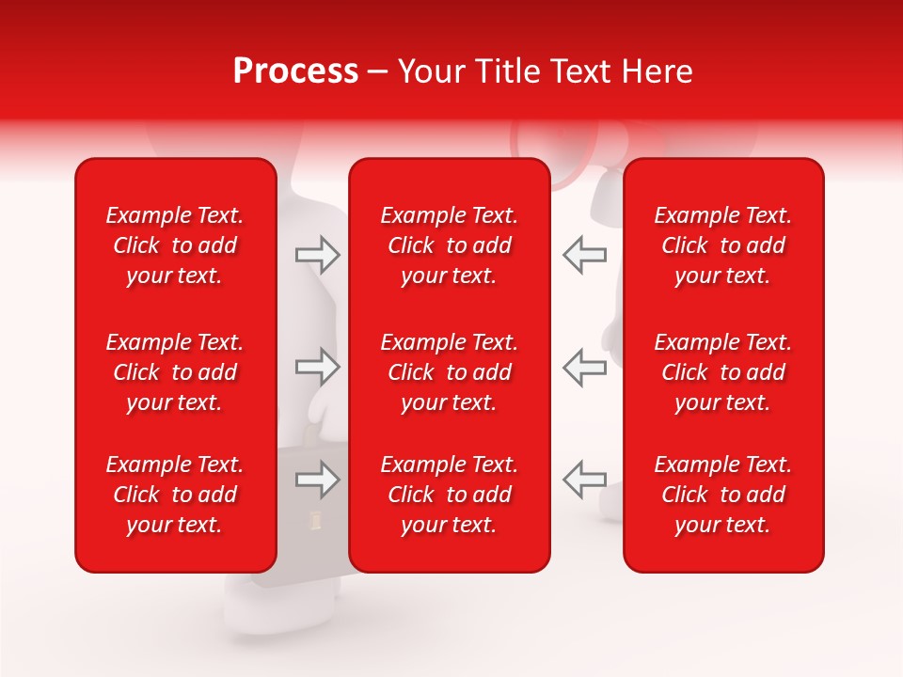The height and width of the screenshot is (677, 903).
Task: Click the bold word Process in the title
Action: pyautogui.click(x=295, y=71)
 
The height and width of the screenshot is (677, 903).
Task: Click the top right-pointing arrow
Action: pyautogui.click(x=317, y=255)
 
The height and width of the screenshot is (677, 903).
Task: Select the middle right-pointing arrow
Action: pyautogui.click(x=317, y=367)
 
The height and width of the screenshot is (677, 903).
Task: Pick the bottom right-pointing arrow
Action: pyautogui.click(x=317, y=480)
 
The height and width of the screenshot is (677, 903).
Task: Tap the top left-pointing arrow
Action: pyautogui.click(x=584, y=255)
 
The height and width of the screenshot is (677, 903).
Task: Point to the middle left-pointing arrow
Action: pyautogui.click(x=584, y=367)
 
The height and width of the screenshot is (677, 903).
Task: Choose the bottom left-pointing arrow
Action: pyautogui.click(x=584, y=480)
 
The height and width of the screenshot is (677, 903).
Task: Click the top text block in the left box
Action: pyautogui.click(x=175, y=245)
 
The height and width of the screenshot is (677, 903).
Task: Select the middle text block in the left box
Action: pyautogui.click(x=175, y=372)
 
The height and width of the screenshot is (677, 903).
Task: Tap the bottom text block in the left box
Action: pyautogui.click(x=175, y=495)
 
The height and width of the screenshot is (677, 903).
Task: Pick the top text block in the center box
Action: pyautogui.click(x=449, y=245)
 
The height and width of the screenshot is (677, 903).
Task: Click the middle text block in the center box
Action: pyautogui.click(x=449, y=372)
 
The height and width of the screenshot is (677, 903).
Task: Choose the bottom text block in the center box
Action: pyautogui.click(x=449, y=495)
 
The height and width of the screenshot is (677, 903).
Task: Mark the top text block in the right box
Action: pyautogui.click(x=722, y=245)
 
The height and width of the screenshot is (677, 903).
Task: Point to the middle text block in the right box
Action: pyautogui.click(x=722, y=372)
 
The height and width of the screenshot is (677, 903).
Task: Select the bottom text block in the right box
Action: pyautogui.click(x=722, y=495)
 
